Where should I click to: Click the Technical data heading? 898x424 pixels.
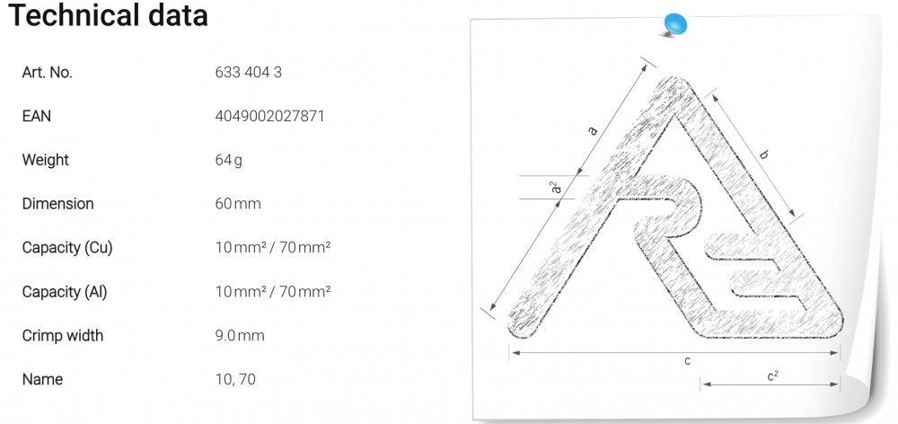pyautogui.click(x=108, y=15)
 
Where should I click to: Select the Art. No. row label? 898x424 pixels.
pyautogui.click(x=47, y=73)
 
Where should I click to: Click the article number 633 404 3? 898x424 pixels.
pyautogui.click(x=249, y=73)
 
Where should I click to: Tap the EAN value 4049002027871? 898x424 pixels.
pyautogui.click(x=269, y=116)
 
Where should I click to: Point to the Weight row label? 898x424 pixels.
pyautogui.click(x=45, y=160)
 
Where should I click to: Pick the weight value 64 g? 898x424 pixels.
pyautogui.click(x=228, y=161)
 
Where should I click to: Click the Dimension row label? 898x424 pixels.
pyautogui.click(x=57, y=204)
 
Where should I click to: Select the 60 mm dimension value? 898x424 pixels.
pyautogui.click(x=238, y=204)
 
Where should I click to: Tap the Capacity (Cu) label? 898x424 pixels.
pyautogui.click(x=67, y=248)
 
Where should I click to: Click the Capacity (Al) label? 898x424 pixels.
pyautogui.click(x=64, y=292)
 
